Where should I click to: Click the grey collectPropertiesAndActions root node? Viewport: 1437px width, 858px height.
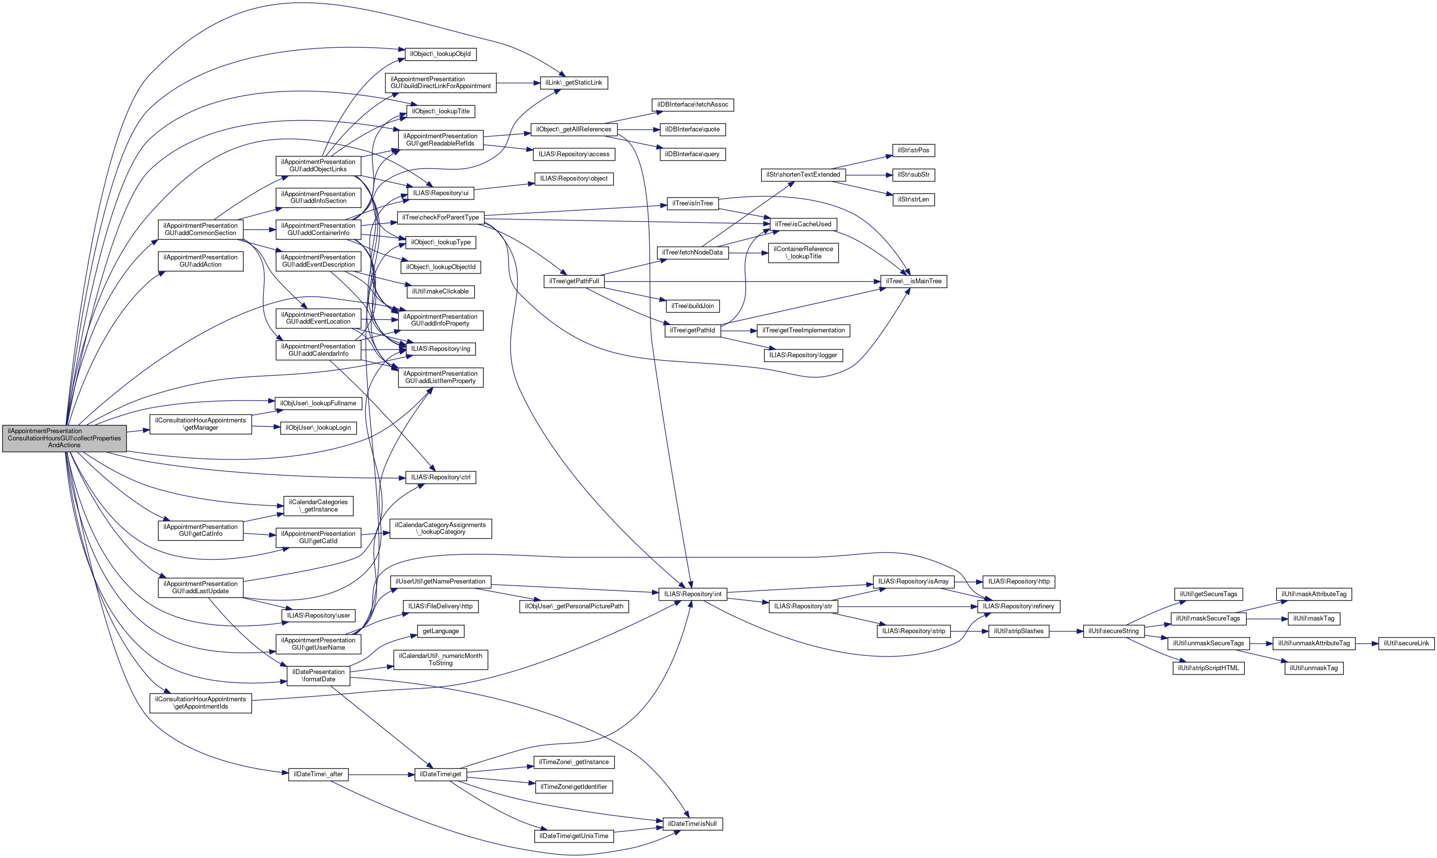tap(64, 438)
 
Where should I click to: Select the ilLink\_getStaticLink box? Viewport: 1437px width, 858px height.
tap(573, 83)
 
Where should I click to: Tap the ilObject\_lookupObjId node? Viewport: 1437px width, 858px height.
tap(440, 54)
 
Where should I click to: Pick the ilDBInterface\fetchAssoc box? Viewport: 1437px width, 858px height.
tap(692, 105)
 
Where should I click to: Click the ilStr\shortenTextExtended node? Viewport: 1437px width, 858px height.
tap(803, 175)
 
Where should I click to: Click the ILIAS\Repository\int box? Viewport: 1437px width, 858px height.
tap(692, 594)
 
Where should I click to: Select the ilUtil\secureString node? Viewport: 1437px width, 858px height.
tap(1113, 631)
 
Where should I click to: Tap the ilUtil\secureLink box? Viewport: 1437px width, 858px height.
tap(1406, 643)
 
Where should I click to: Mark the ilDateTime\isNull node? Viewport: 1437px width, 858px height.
tap(692, 823)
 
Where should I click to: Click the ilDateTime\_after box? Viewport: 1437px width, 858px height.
tap(318, 774)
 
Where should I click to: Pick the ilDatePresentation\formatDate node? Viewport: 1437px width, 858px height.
tap(319, 675)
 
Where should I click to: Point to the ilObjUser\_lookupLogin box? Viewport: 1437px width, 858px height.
tap(318, 428)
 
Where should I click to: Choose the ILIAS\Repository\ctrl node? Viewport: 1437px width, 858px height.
tap(440, 477)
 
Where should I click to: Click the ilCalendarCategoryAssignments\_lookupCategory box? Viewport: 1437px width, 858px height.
tap(440, 529)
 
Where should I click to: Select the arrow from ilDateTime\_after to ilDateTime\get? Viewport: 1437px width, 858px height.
tap(382, 774)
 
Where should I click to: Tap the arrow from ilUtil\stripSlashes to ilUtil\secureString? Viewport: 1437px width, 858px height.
tap(1066, 631)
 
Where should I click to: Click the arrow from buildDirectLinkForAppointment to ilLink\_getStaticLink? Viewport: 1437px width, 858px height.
tap(518, 83)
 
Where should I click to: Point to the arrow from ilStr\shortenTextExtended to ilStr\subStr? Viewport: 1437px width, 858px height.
tap(867, 175)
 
